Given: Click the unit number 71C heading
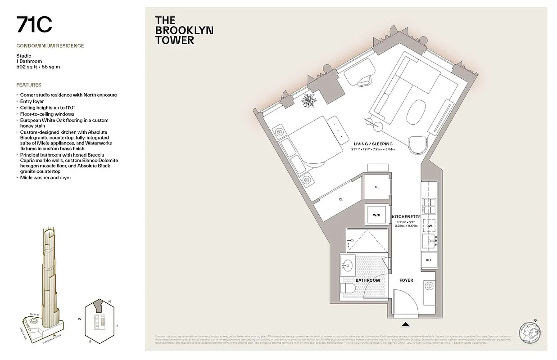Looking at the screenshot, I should point(34,25).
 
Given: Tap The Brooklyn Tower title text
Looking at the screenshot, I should point(184,30).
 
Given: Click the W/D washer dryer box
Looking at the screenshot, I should point(376,215).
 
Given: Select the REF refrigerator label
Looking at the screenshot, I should point(429,260).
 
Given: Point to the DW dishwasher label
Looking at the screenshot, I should point(429,226).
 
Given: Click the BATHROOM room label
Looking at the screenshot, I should point(367,280).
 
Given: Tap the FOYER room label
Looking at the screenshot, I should point(406,280).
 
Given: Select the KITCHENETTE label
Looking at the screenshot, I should point(406,217).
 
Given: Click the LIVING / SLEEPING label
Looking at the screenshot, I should point(373,144).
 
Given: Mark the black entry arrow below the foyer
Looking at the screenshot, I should point(405,324).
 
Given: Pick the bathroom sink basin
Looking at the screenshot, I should point(348,265).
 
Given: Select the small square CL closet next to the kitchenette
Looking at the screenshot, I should point(376,187).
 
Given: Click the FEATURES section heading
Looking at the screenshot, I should point(29,85).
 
